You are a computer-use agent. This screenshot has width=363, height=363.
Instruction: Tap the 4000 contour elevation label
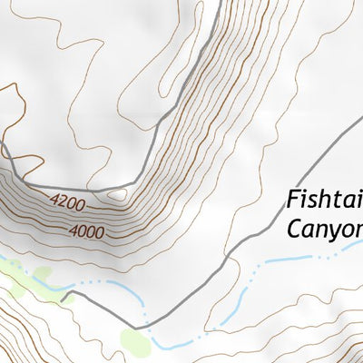tap(85, 231)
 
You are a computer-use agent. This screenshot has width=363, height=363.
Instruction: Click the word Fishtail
tap(324, 199)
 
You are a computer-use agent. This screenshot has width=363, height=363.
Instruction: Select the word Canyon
tap(325, 228)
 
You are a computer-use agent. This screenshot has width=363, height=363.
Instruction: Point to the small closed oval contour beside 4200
tap(118, 193)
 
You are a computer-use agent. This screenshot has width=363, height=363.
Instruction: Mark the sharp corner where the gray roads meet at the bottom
tap(135, 328)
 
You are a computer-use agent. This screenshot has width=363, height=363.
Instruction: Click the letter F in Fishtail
tap(292, 199)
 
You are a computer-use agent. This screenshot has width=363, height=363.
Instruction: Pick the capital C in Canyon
tap(294, 228)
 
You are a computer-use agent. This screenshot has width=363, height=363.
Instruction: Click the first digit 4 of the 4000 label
tap(72, 231)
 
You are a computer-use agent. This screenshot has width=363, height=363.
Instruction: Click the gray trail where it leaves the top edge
tap(219, 3)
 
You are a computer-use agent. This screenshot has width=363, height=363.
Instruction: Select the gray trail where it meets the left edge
tap(3, 145)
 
